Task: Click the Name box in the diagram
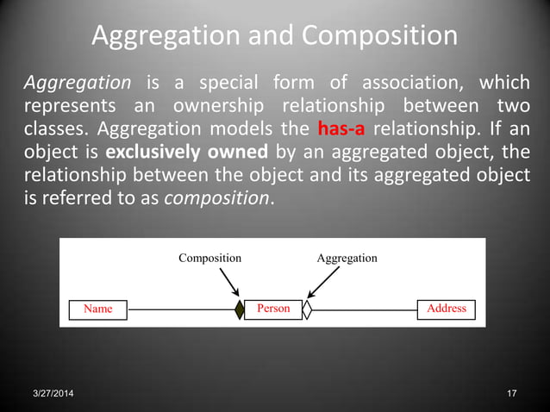click(97, 309)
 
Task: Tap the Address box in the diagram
click(446, 309)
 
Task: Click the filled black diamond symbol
click(240, 309)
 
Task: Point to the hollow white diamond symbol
click(307, 309)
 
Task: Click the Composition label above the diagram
click(209, 258)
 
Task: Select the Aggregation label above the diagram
click(347, 258)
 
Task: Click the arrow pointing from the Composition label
click(229, 281)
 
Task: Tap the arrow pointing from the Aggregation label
click(324, 281)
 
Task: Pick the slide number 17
click(512, 394)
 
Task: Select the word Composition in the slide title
click(379, 36)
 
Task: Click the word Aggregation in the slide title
click(164, 36)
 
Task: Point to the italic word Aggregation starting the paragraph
click(77, 83)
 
